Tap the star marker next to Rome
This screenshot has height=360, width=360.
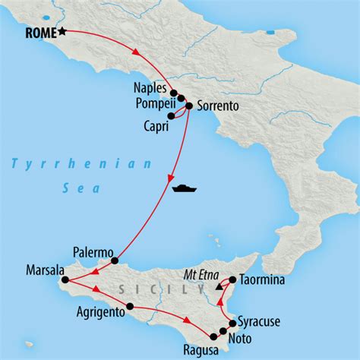(62, 32)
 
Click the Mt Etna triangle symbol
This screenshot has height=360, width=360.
(219, 287)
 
